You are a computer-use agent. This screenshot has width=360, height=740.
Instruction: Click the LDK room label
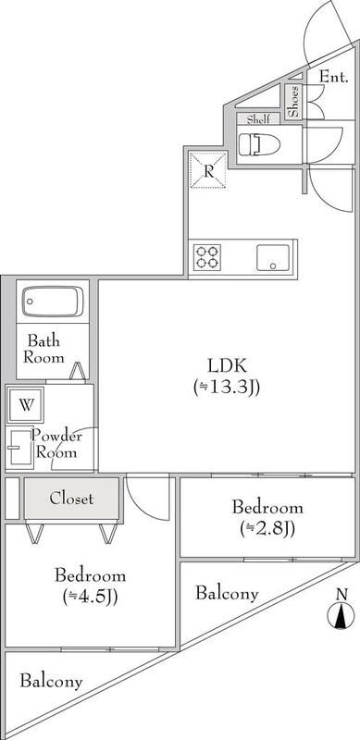click(227, 364)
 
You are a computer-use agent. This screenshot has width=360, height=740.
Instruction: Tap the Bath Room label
click(44, 349)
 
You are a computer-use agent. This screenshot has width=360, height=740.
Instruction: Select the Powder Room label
click(57, 445)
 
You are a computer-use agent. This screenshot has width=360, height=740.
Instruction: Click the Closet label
click(71, 499)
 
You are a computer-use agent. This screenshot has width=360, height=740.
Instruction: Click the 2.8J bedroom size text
click(267, 530)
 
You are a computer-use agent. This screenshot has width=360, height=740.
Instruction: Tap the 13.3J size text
click(227, 387)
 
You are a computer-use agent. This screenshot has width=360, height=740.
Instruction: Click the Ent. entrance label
click(333, 77)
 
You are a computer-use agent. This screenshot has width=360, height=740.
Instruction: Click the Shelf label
click(257, 119)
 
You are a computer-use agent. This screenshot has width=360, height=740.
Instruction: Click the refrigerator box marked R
click(209, 170)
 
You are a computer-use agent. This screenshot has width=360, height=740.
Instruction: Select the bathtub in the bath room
click(53, 301)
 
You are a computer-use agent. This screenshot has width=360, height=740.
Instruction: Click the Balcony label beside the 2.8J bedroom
click(226, 594)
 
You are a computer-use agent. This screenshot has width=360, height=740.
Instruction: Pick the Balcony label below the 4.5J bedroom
click(51, 682)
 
